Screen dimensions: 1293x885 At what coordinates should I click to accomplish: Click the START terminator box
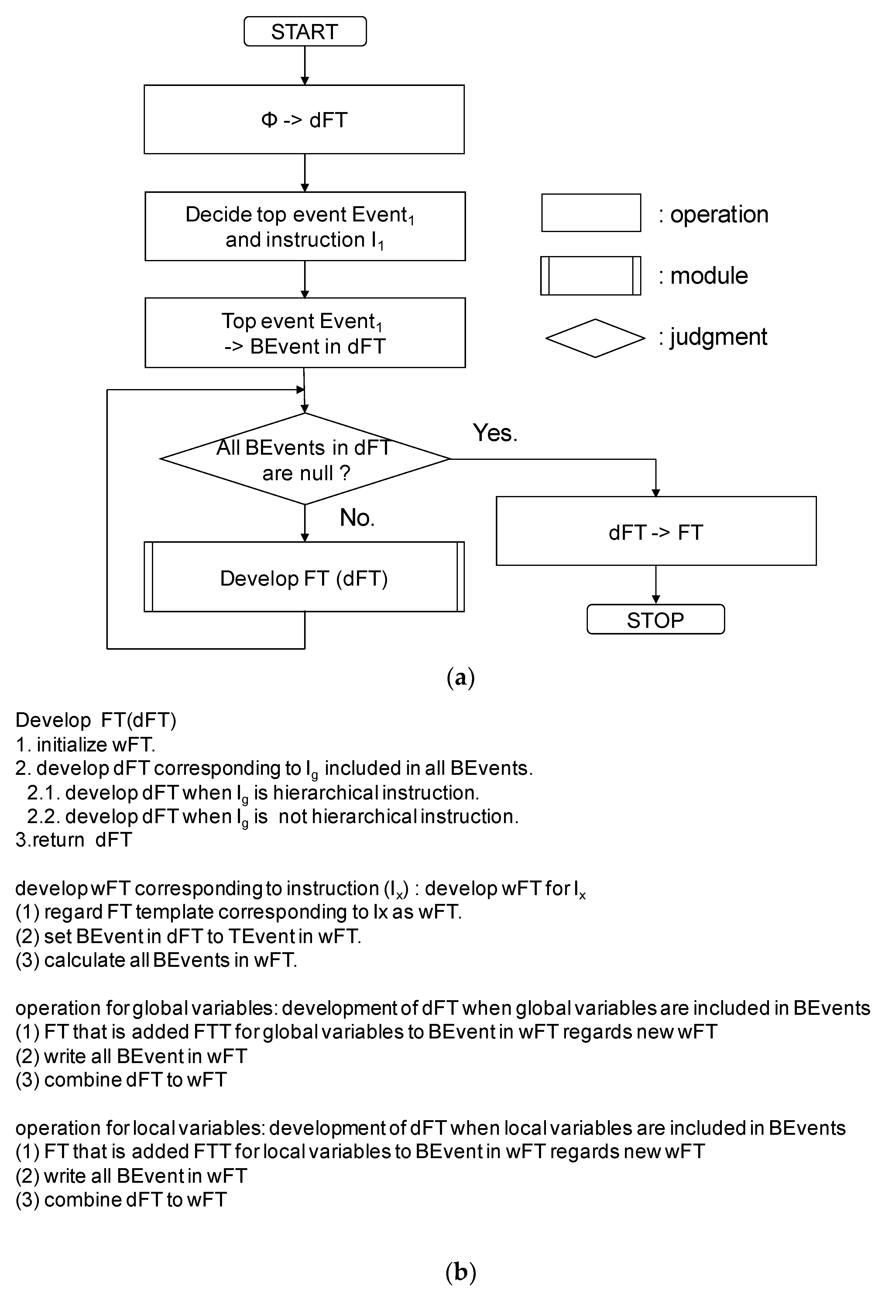(305, 32)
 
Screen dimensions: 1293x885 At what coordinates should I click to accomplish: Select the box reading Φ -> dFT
(304, 120)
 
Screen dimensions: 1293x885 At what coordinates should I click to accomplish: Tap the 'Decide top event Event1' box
(305, 227)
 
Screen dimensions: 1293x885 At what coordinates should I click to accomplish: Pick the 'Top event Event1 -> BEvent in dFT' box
(305, 333)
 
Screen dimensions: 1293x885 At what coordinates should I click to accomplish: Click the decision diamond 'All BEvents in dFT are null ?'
(305, 460)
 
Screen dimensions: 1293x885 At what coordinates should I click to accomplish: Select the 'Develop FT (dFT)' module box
(304, 577)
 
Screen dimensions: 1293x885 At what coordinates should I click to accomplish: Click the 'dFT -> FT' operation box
(656, 531)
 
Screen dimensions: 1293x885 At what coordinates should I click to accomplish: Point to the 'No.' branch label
(357, 518)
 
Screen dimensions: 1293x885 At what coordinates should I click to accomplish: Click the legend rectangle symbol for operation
(591, 213)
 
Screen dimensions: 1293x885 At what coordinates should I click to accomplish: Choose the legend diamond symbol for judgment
(595, 338)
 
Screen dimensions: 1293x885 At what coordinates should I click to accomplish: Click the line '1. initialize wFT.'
(85, 744)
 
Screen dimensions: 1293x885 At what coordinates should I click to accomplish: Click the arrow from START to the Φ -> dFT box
(305, 66)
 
